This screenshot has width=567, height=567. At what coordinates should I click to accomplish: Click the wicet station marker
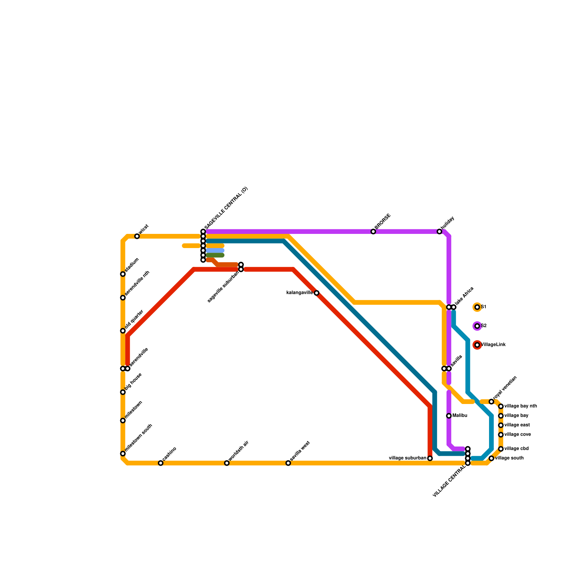tap(137, 236)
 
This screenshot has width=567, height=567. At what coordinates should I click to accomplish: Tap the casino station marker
tap(161, 463)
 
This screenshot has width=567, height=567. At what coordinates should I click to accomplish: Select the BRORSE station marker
tap(373, 231)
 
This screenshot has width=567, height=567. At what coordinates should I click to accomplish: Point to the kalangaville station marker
tap(316, 293)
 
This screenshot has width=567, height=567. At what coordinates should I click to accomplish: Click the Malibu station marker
tap(449, 416)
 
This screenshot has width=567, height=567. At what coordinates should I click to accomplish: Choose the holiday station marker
tap(439, 231)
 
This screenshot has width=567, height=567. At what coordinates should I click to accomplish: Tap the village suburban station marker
tap(430, 458)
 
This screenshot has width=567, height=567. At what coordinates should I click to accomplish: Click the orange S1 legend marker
tap(477, 307)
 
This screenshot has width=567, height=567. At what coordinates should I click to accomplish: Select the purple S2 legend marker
tap(477, 326)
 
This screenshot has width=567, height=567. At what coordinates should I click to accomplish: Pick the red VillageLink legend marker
tap(477, 345)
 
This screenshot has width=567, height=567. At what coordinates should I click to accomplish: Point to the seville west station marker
tap(288, 463)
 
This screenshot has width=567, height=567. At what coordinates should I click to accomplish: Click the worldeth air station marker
tap(227, 463)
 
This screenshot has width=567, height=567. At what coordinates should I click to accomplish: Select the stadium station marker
tap(123, 274)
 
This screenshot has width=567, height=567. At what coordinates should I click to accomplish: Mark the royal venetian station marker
tap(491, 402)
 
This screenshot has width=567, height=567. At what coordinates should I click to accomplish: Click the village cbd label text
tap(516, 449)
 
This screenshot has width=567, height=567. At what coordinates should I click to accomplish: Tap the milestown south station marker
tap(123, 454)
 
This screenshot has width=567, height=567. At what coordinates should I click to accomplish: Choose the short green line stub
tap(215, 255)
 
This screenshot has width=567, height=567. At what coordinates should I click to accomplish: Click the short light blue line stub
tap(215, 251)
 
